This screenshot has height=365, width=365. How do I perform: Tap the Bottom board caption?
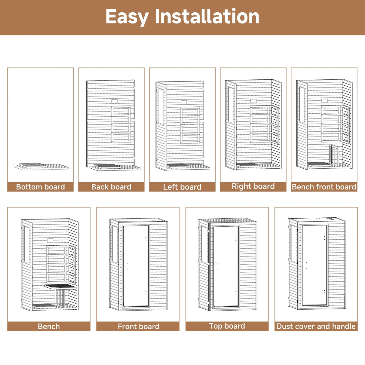click(x=40, y=187)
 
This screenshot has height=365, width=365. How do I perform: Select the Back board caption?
click(x=111, y=187)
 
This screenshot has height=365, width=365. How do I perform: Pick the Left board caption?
click(x=182, y=187)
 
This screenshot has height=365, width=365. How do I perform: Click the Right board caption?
click(x=253, y=186)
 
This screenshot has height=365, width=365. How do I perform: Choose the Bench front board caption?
click(x=324, y=187)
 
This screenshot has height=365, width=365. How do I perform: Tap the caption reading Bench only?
click(x=49, y=326)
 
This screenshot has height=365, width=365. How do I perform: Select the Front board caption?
click(x=138, y=326)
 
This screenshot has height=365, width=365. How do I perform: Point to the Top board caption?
click(x=227, y=326)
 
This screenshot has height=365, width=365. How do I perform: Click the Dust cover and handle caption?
click(x=316, y=326)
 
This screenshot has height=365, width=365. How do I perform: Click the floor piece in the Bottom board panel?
click(x=41, y=166)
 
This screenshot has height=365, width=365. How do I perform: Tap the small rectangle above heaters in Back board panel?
click(x=114, y=101)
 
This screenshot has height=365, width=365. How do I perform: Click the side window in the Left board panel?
click(x=161, y=107)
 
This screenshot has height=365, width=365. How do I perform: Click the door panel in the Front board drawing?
click(x=136, y=266)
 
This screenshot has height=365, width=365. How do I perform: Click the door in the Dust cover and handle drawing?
click(x=314, y=265)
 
